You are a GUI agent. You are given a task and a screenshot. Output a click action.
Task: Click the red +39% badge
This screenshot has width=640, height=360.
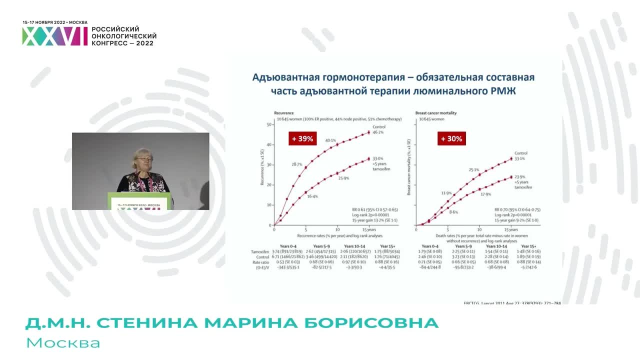click(x=303, y=138)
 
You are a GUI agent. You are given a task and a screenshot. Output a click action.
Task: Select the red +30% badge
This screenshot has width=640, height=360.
click(x=451, y=138)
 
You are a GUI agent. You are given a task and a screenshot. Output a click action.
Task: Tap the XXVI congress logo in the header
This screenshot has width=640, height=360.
click(x=54, y=36)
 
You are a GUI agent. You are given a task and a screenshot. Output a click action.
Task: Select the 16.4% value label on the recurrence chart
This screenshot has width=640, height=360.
click(x=313, y=196)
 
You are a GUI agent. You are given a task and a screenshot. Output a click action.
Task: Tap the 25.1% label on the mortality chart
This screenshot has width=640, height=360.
click(x=474, y=170)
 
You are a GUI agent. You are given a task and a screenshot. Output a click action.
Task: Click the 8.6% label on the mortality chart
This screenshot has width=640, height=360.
click(x=453, y=212)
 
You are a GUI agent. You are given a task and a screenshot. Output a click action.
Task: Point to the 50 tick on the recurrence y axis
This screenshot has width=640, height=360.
click(x=269, y=124)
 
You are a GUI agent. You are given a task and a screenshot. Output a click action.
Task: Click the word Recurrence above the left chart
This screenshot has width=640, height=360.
click(x=283, y=113)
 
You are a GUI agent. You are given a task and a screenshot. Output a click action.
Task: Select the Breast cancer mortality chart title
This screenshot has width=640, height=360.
click(x=436, y=113)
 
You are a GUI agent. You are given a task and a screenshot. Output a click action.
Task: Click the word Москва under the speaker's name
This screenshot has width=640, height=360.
click(x=63, y=343)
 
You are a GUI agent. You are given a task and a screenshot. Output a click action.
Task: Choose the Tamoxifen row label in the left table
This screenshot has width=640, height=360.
click(x=260, y=252)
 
